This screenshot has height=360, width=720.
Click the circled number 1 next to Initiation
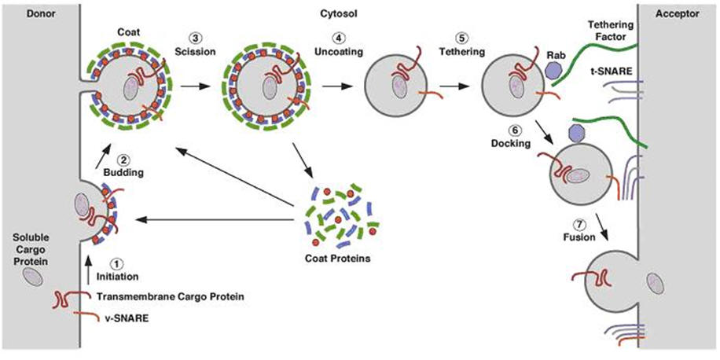coord(116,264)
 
